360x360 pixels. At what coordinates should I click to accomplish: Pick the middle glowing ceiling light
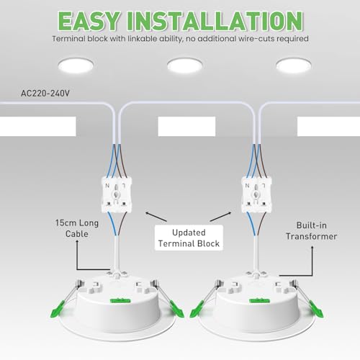[x=186, y=66]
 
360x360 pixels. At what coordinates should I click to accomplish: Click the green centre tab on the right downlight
[x=251, y=292]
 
